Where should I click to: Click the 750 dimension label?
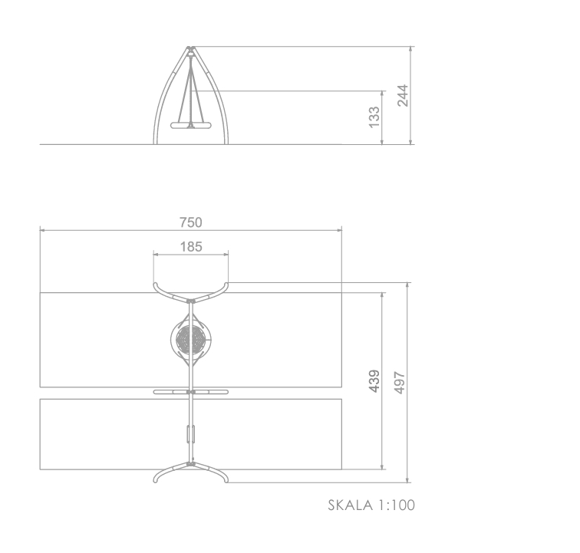[x=191, y=222]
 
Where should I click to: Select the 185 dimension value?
[x=191, y=247]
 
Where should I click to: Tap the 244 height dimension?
[x=403, y=95]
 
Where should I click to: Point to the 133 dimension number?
[x=374, y=117]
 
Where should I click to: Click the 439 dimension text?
[x=374, y=381]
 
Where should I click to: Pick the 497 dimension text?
[x=400, y=383]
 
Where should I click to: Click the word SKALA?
[x=351, y=505]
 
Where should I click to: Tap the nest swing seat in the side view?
[x=191, y=125]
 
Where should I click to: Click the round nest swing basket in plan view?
[x=191, y=339]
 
